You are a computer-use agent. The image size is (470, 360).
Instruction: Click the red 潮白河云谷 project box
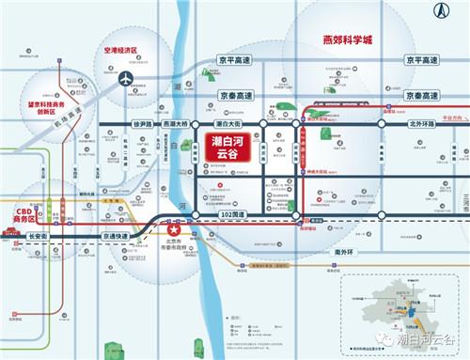pos(224,150)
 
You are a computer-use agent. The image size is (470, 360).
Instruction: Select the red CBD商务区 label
pos(23,215)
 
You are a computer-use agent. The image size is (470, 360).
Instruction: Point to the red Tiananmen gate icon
pos(11,231)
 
